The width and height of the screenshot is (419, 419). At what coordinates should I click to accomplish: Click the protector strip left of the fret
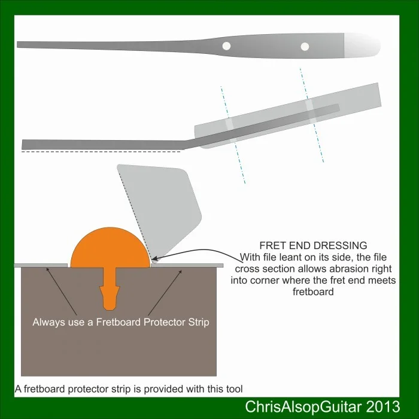(45, 265)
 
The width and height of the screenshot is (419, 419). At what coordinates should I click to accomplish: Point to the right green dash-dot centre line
(311, 114)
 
